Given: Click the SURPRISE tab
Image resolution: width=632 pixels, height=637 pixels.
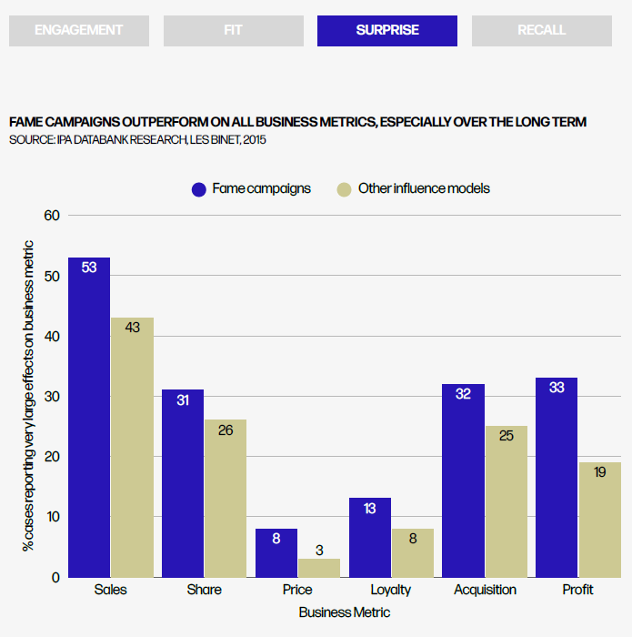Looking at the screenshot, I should [x=387, y=30].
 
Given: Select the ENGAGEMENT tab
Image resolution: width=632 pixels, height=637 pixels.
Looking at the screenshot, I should [x=78, y=30].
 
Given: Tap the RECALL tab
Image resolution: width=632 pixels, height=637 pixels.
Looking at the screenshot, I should [x=541, y=30].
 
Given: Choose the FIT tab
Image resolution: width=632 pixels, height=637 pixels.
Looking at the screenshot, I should [x=233, y=30].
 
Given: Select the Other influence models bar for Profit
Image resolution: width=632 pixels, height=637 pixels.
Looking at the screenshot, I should [x=600, y=519].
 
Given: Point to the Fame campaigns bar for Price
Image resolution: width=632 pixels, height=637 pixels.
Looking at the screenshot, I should [x=276, y=552].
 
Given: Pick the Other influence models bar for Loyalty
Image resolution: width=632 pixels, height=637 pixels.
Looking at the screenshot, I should [x=413, y=552].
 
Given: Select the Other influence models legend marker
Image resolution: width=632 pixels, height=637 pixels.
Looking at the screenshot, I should [x=344, y=189].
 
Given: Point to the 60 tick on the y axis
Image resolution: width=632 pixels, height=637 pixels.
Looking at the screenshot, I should [x=51, y=216].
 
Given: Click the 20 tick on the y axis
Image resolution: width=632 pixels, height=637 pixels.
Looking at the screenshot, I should [x=51, y=457].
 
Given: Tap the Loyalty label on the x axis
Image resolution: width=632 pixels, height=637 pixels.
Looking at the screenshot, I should [x=391, y=590].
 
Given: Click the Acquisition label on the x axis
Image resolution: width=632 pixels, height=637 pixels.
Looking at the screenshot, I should [x=485, y=590].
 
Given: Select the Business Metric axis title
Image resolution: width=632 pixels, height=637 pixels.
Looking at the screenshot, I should [x=345, y=612].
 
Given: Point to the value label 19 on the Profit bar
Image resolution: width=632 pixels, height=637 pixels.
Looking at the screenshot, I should [x=600, y=471].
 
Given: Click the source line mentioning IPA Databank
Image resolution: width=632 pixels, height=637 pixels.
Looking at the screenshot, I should [x=138, y=140].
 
